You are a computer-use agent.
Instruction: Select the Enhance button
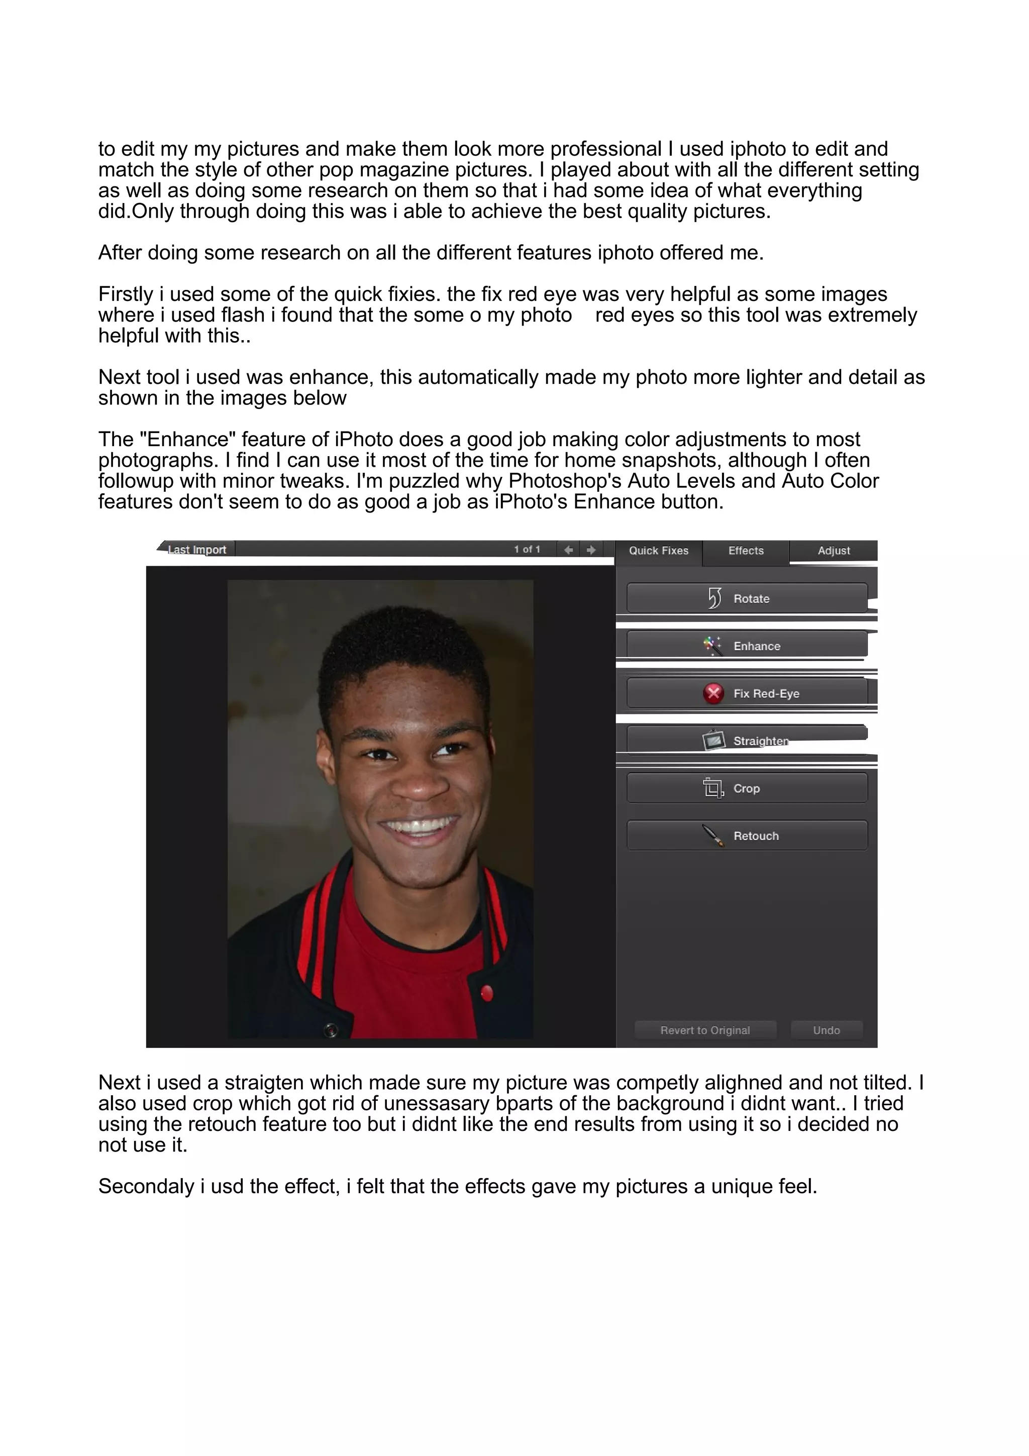point(747,645)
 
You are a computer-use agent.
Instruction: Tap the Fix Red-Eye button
point(747,693)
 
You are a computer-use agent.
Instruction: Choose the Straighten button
point(747,740)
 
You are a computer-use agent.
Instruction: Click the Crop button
point(747,788)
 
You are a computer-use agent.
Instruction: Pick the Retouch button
point(747,836)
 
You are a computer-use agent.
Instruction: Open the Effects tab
point(746,551)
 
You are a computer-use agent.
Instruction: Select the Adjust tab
point(833,551)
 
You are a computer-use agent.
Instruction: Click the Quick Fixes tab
point(658,551)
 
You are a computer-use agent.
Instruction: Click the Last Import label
point(197,549)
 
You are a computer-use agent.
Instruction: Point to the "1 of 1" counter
point(527,549)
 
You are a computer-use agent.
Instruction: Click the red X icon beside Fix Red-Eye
point(713,693)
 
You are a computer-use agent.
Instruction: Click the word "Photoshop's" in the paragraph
point(565,481)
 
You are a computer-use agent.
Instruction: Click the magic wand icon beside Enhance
point(712,646)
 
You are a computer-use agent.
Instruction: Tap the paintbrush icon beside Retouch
point(713,836)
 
